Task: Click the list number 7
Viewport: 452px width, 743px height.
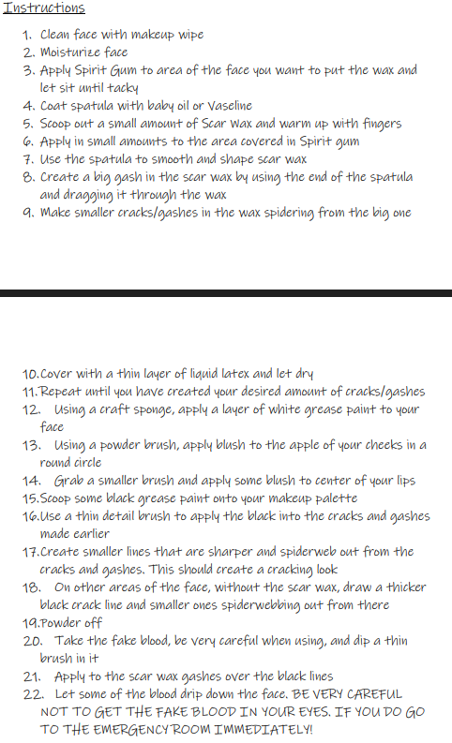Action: point(26,159)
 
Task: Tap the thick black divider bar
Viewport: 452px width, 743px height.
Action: point(226,293)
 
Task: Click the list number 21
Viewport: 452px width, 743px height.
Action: point(28,676)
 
